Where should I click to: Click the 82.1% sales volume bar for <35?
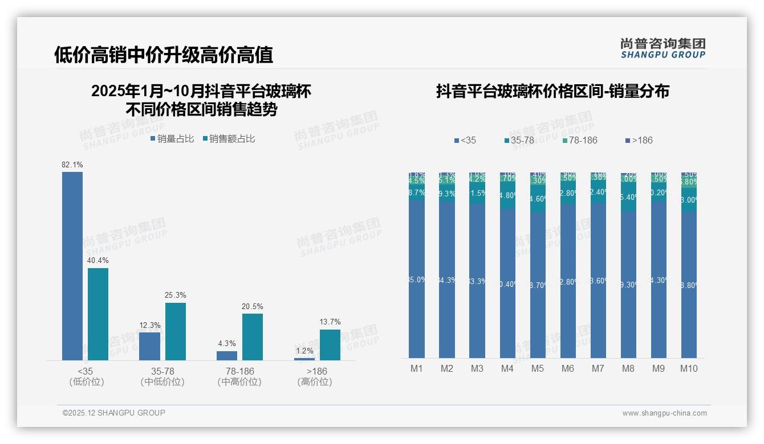tap(72, 266)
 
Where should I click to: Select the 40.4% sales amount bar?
tap(98, 314)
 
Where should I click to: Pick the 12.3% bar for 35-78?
tap(149, 346)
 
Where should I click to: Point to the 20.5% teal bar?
tap(253, 336)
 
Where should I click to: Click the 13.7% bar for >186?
tap(330, 344)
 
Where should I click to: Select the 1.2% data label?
tap(304, 351)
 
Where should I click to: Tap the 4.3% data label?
tap(226, 344)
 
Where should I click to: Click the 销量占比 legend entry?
tap(172, 139)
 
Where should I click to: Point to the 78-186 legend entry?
tap(580, 140)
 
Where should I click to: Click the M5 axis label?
tap(538, 368)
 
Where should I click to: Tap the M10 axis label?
tap(689, 368)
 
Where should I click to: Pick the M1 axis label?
tap(417, 368)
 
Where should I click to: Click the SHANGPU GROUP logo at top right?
tap(663, 48)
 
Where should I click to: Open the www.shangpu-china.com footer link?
tap(664, 413)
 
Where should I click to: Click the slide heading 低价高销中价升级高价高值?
tap(164, 55)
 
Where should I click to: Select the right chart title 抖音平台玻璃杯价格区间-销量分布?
tap(552, 92)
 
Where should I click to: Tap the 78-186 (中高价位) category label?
tap(239, 376)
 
